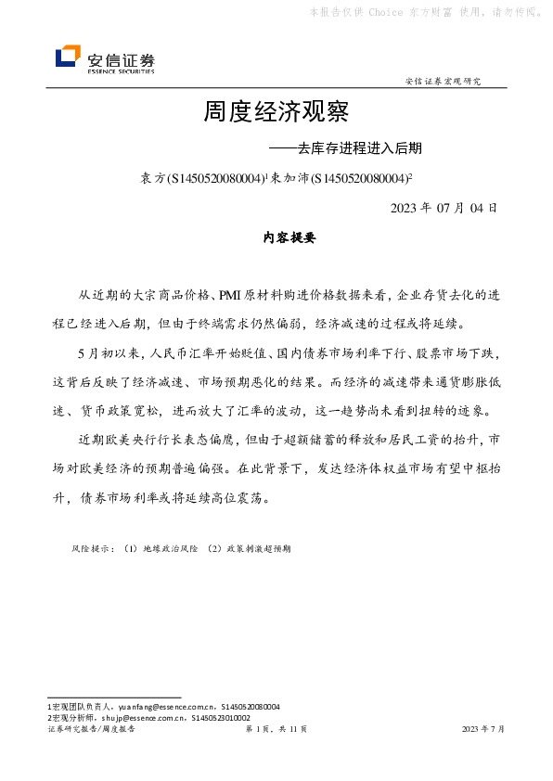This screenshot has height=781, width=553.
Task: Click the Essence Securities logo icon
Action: (68, 58)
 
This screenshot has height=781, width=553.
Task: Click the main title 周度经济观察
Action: (276, 113)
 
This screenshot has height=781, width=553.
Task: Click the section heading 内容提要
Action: (289, 238)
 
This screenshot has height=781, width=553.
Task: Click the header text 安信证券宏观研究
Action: (443, 82)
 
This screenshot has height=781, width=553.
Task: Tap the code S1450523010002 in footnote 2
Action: (220, 717)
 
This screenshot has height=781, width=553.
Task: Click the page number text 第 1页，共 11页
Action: (276, 730)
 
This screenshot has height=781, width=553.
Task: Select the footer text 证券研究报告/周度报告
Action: (91, 730)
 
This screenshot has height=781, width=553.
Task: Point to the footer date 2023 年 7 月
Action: (482, 730)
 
